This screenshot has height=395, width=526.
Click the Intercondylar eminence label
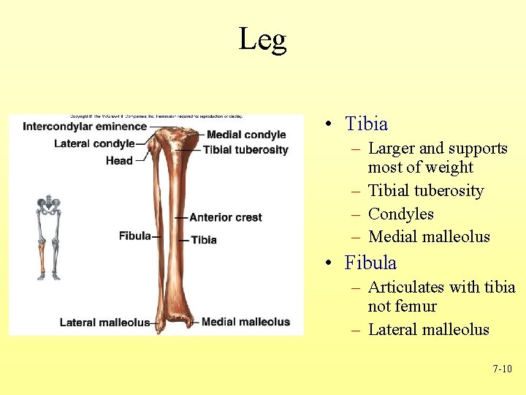[85, 127]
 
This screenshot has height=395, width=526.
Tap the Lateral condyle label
[94, 143]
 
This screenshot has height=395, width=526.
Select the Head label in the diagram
[119, 160]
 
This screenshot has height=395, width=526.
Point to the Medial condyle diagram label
[246, 135]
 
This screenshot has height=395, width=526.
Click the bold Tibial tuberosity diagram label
[245, 150]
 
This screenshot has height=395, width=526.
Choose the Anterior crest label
[225, 217]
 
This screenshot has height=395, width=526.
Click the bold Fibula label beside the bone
[134, 236]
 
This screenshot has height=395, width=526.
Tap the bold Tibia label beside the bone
[203, 240]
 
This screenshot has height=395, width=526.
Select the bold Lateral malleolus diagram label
[104, 323]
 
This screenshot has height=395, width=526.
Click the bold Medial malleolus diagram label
[245, 322]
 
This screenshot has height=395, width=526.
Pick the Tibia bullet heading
[366, 124]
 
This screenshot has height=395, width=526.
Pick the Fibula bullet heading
[370, 263]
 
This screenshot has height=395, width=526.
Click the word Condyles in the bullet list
[401, 214]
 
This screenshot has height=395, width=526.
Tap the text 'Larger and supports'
[438, 148]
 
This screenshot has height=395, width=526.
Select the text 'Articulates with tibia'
[441, 287]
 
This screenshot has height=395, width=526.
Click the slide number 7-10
[502, 369]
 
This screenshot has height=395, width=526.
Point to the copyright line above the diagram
[156, 116]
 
